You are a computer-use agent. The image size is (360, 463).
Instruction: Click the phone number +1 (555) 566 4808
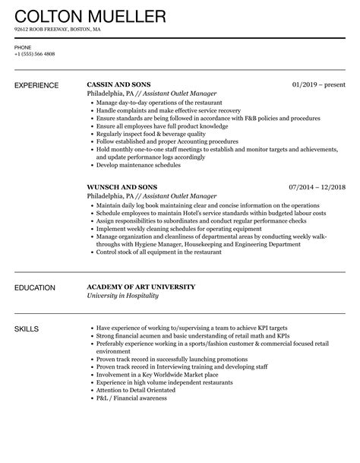coord(34,54)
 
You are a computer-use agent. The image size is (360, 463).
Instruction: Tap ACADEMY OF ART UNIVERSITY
coord(141,287)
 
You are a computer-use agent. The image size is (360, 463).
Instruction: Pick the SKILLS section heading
coord(27,329)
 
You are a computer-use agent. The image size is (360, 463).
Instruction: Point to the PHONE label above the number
coord(22,47)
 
